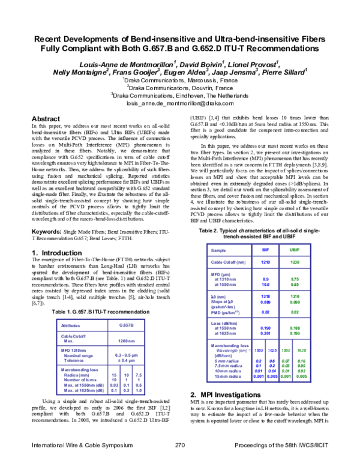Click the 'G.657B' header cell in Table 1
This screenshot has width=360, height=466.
click(x=125, y=325)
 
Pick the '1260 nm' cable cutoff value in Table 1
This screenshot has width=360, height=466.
click(x=125, y=340)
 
